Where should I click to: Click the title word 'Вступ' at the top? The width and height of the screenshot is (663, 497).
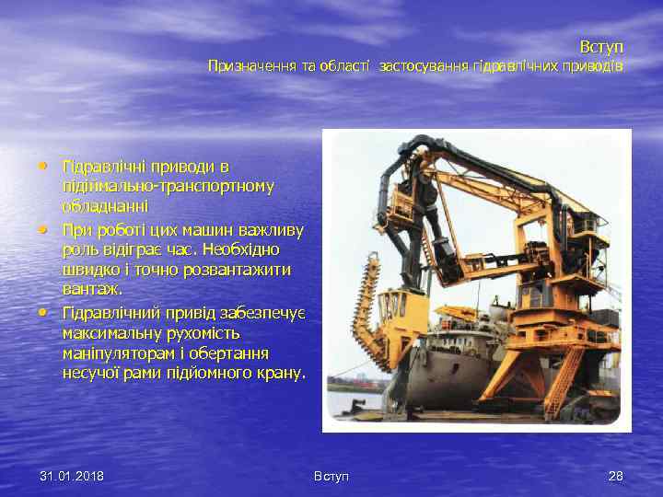601,46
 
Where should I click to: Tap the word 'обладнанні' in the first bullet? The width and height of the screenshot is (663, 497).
105,207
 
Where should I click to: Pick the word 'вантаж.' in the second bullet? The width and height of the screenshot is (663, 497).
92,290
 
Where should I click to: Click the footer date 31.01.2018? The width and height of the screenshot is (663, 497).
72,476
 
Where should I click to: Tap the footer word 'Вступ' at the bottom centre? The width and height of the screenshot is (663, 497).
331,476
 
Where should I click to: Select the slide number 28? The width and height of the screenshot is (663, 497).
615,476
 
